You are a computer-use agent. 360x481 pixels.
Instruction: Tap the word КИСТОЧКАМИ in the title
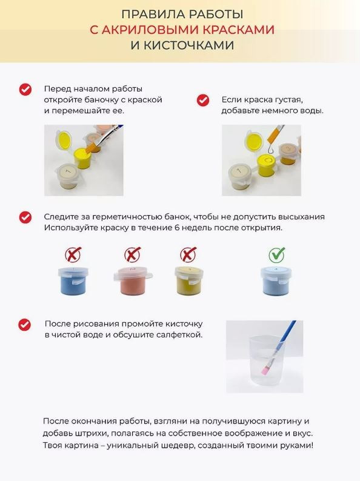click(188, 45)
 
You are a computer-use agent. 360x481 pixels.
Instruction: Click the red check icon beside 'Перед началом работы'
click(25, 89)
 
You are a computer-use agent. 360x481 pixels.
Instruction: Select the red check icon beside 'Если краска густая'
click(202, 100)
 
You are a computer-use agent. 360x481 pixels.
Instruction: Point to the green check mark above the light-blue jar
click(277, 254)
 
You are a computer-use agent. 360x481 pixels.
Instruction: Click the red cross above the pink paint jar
click(133, 254)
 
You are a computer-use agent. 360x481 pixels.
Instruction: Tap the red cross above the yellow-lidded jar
click(188, 254)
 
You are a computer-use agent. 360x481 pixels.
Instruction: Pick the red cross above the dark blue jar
click(73, 254)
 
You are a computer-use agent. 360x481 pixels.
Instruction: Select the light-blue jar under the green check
click(276, 280)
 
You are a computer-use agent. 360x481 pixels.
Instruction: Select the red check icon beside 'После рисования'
click(25, 324)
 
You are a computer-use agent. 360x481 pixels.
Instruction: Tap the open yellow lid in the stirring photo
click(64, 139)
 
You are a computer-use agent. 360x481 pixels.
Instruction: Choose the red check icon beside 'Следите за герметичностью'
click(25, 217)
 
